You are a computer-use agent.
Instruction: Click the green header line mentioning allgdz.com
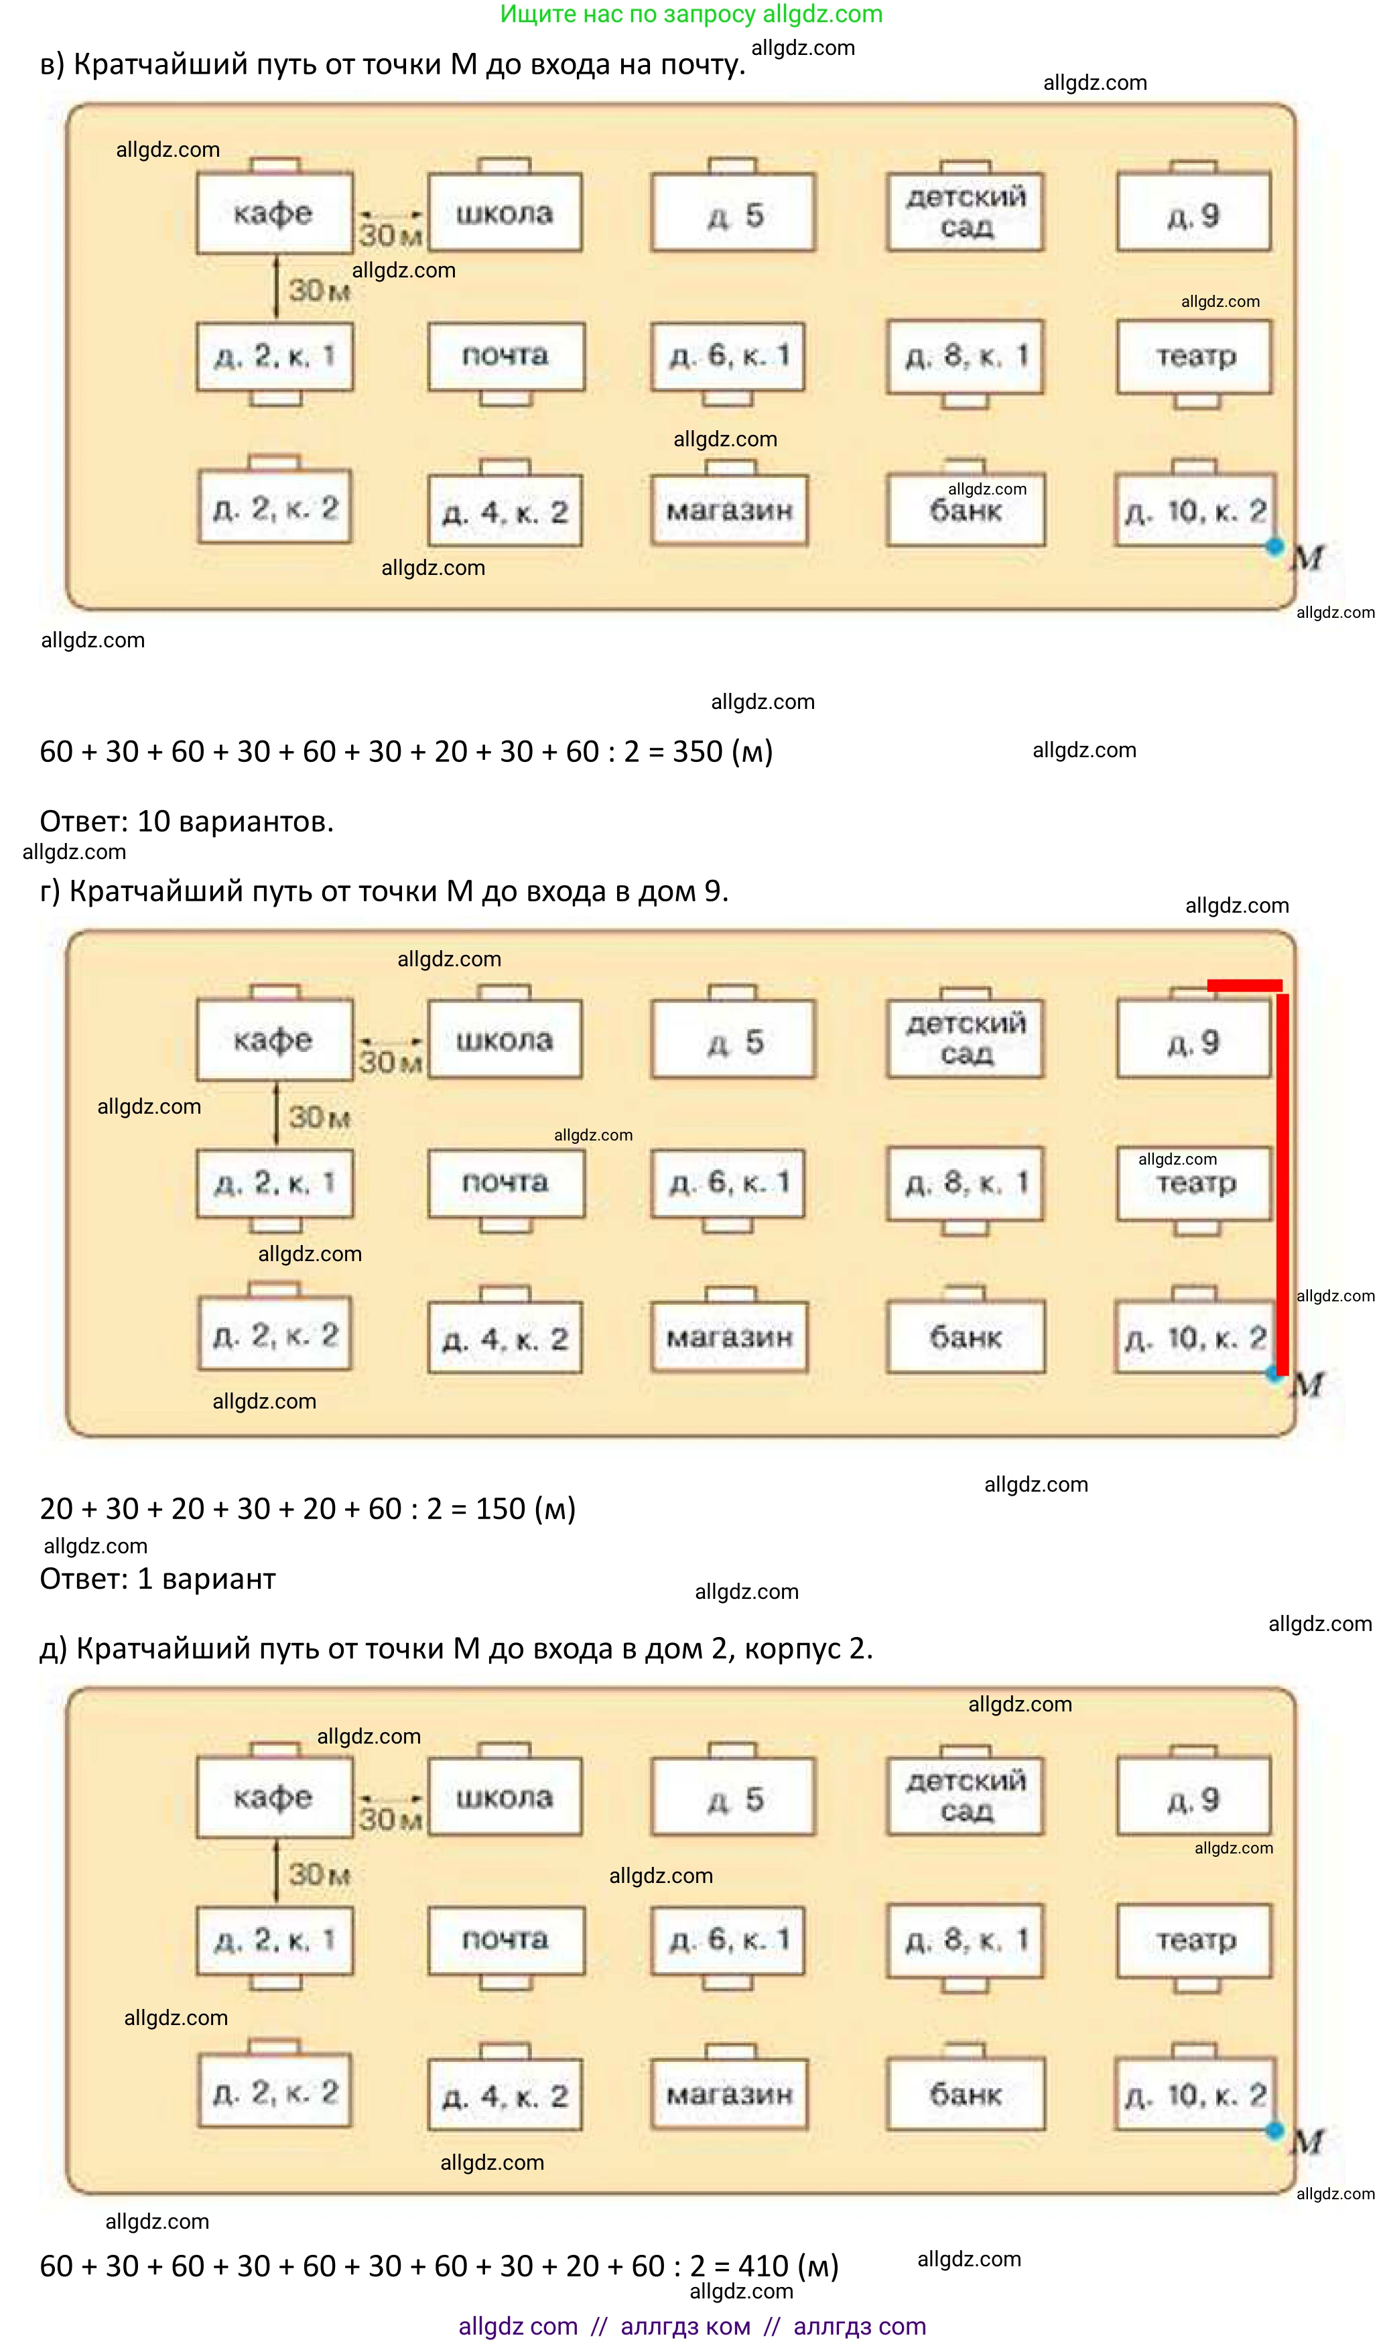click(x=691, y=14)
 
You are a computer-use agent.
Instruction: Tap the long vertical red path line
click(x=1282, y=1185)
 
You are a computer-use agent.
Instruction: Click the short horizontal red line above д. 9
click(x=1244, y=985)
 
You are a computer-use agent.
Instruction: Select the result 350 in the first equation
click(x=697, y=751)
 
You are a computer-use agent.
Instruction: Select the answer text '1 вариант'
click(x=206, y=1579)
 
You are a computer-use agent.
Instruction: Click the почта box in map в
click(x=506, y=356)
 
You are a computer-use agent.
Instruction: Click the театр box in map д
click(x=1195, y=1940)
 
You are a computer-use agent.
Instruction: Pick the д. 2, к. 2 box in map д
click(x=275, y=2093)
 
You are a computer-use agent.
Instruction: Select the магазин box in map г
click(x=729, y=1337)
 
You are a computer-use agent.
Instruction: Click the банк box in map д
click(x=966, y=2095)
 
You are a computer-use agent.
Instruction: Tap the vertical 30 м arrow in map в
click(x=276, y=287)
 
